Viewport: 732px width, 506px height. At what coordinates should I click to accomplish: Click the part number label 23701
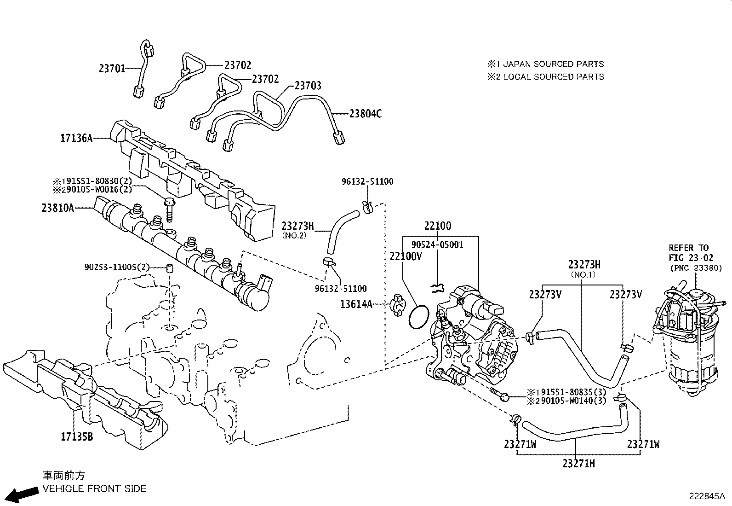pos(112,69)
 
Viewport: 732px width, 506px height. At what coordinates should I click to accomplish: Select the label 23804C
pos(366,113)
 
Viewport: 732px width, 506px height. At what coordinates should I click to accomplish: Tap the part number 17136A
pos(76,138)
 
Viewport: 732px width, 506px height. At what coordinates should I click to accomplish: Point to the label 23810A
pos(58,208)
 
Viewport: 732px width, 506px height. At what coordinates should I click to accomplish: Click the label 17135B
pos(77,436)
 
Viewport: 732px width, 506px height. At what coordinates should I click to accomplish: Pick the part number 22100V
pos(406,256)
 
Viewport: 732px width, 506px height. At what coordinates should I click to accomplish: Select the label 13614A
pos(356,304)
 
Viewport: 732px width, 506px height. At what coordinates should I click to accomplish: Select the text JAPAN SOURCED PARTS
pos(554,64)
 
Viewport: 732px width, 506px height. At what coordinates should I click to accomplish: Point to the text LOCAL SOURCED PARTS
pos(554,77)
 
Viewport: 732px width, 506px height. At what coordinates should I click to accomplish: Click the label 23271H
pos(578,464)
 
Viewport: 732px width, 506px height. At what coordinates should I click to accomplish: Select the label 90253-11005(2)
pos(117,267)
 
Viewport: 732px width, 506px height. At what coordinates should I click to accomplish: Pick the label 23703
pos(308,86)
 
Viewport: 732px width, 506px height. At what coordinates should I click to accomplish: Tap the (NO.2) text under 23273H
pos(294,235)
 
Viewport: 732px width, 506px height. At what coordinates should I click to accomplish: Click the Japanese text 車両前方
pos(64,476)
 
